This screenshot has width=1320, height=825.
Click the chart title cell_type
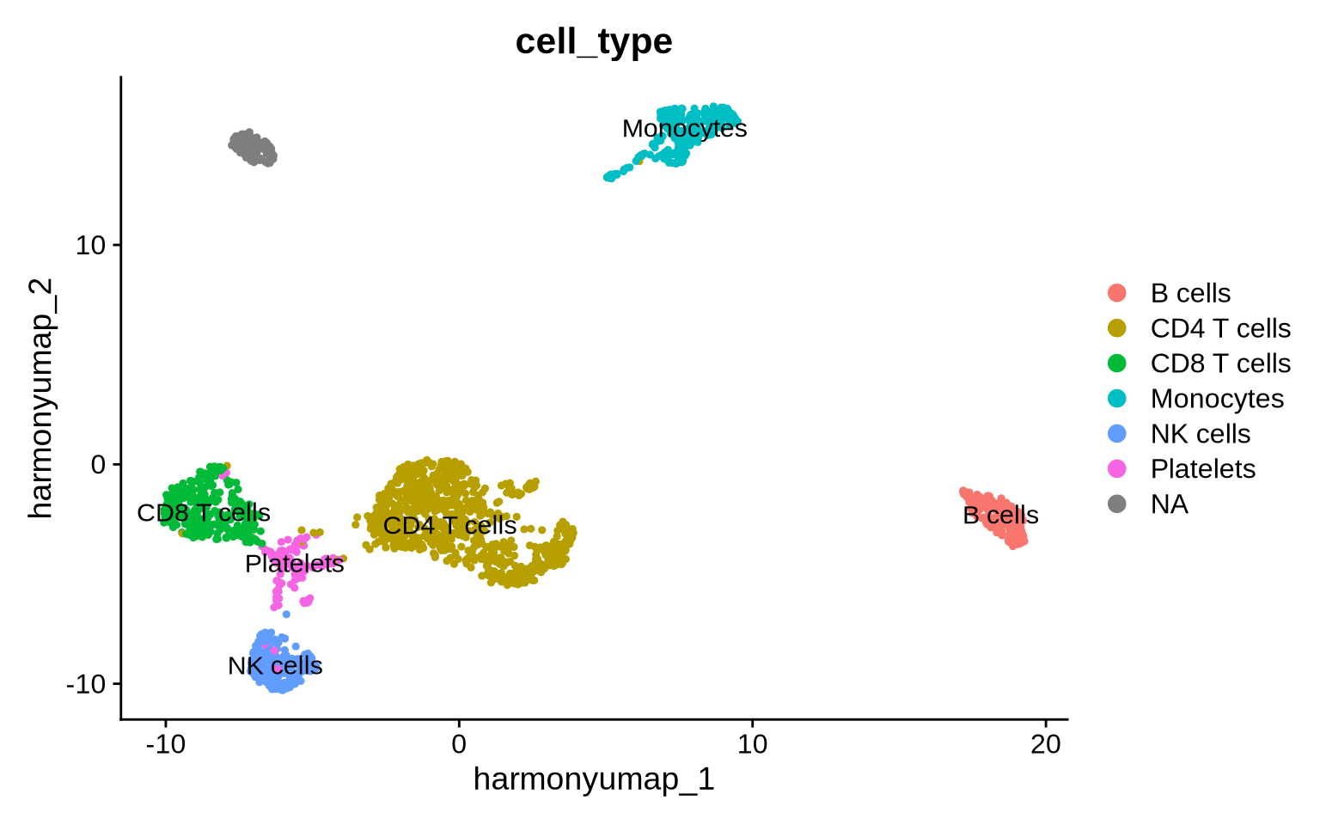pos(594,41)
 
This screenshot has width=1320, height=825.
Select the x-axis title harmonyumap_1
pos(594,779)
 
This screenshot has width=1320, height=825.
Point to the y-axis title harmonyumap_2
pos(40,398)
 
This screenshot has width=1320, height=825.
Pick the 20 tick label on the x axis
pos(1046,744)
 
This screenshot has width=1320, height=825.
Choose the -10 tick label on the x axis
pos(166,744)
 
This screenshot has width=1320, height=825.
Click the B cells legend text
pos(1190,293)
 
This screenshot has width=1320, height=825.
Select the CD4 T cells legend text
pos(1220,328)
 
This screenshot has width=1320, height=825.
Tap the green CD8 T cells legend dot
pos(1117,364)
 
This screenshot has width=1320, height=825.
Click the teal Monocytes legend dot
pos(1117,399)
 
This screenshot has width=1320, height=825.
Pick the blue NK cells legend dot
pos(1117,434)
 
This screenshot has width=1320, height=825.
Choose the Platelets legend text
pos(1203,468)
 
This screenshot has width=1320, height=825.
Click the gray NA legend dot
pos(1117,504)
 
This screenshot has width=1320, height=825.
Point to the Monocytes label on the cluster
pos(685,129)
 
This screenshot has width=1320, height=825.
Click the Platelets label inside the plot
pos(295,564)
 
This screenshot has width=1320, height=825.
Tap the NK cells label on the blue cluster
pos(275,666)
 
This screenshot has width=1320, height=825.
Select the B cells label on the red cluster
pos(1000,515)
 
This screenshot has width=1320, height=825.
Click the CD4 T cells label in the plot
pos(449,525)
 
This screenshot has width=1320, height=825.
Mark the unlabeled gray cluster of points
pos(253,148)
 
